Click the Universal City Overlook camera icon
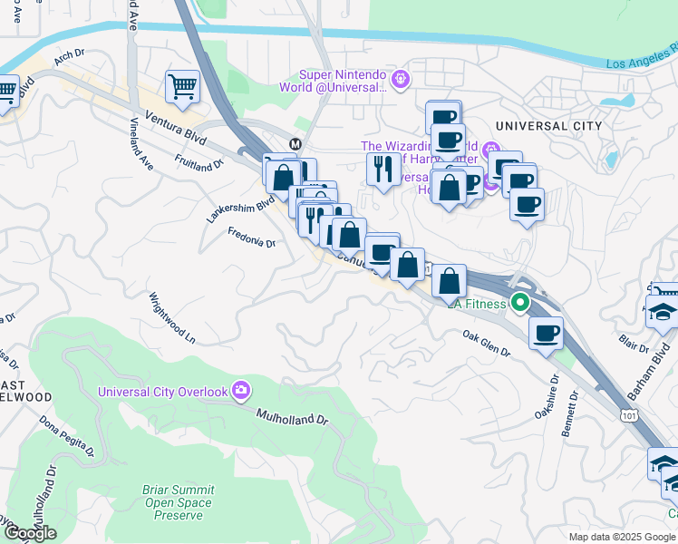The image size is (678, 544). (241, 391)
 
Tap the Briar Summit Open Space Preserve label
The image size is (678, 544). (178, 502)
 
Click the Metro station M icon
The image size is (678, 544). (295, 144)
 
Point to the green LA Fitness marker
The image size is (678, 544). (519, 304)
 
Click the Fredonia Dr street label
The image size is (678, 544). (251, 238)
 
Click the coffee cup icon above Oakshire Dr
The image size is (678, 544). (545, 334)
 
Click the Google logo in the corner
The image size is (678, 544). (29, 533)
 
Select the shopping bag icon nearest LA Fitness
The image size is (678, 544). (449, 281)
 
